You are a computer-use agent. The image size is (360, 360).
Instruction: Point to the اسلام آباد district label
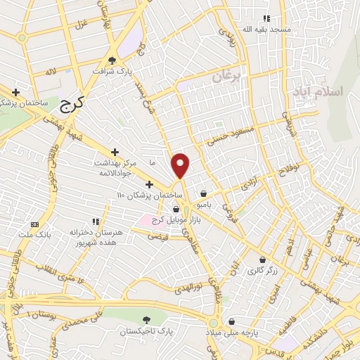(x=328, y=91)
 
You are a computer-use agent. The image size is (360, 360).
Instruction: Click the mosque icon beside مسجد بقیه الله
(x=266, y=18)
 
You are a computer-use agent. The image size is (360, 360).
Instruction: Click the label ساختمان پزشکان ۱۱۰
(x=150, y=194)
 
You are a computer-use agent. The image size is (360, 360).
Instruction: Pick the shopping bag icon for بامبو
(x=204, y=193)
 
